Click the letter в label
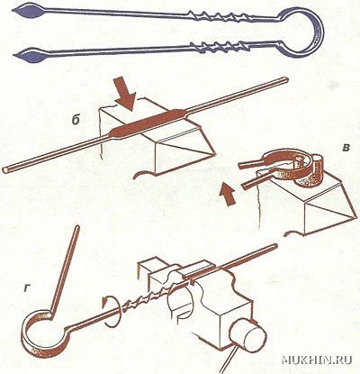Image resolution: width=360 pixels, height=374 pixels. (x=346, y=148)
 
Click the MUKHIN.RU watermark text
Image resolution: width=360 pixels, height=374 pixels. (x=317, y=360)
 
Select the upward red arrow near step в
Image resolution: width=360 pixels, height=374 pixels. (x=227, y=194)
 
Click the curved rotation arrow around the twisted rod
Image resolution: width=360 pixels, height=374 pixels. (x=111, y=310)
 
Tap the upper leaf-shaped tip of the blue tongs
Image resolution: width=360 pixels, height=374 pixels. (x=29, y=12)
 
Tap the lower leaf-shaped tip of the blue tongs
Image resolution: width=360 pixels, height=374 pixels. (x=30, y=56)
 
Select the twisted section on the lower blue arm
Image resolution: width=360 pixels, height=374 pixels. (x=220, y=47)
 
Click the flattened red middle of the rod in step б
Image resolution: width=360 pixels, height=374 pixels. (x=149, y=123)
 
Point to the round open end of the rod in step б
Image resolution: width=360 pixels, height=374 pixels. (x=6, y=169)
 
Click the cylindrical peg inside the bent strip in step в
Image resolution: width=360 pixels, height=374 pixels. (x=318, y=164)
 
